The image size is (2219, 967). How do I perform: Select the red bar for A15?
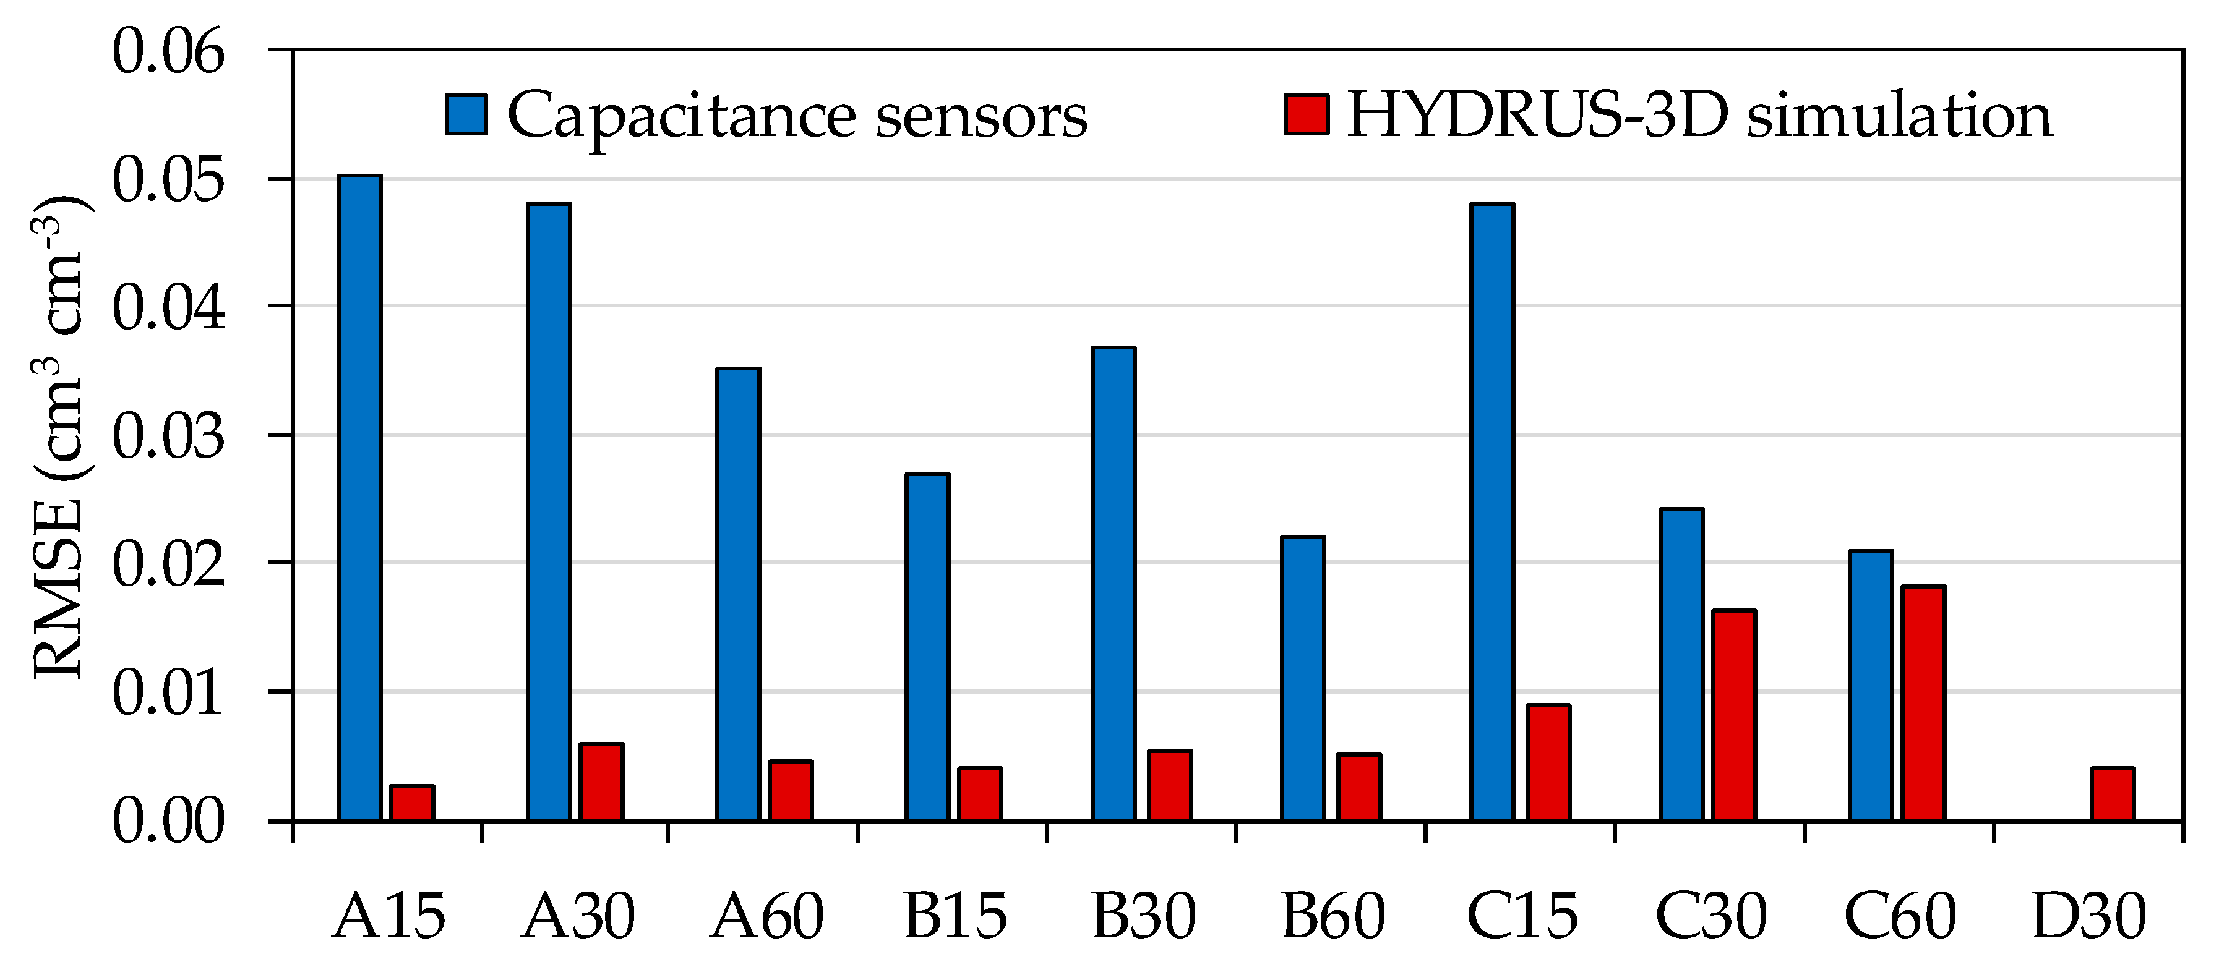click(412, 803)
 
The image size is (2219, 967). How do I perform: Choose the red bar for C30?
click(1734, 715)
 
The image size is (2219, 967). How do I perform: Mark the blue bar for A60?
click(738, 594)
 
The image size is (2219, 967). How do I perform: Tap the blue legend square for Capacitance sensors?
click(466, 114)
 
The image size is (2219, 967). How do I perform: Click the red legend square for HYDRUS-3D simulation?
click(1306, 114)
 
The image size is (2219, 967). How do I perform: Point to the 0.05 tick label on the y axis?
click(169, 180)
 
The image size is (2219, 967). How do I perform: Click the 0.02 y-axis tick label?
click(169, 564)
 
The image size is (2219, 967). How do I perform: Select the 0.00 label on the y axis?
click(169, 820)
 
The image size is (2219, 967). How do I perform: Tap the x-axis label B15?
click(955, 916)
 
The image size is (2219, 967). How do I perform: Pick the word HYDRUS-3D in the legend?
click(1538, 114)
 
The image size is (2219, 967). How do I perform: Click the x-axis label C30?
click(1710, 916)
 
